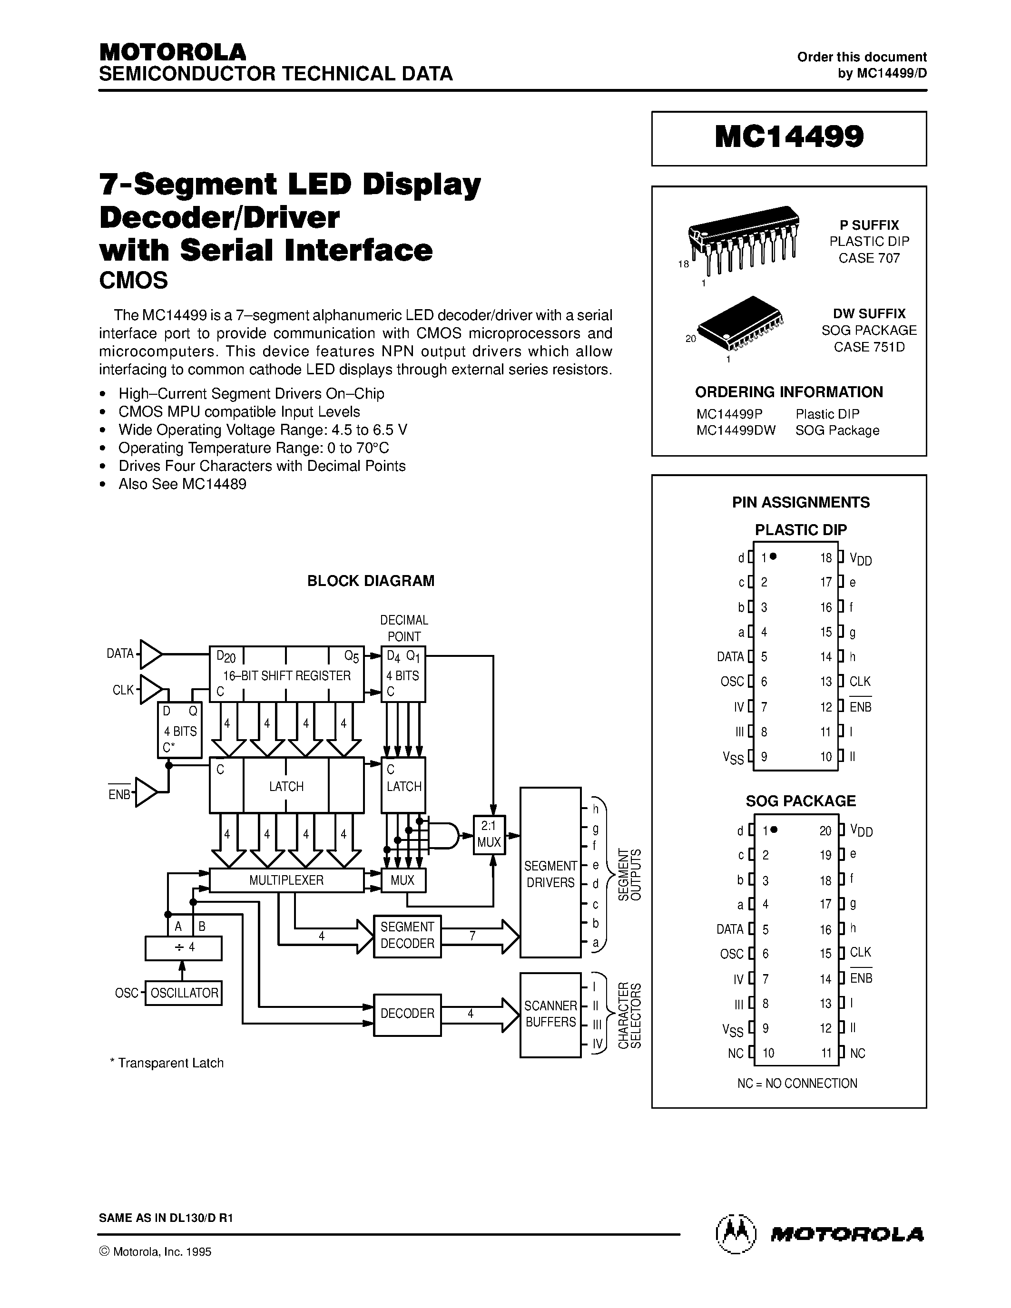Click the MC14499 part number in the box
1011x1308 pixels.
(789, 137)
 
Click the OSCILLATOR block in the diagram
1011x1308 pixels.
(183, 993)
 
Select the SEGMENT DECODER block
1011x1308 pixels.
(407, 936)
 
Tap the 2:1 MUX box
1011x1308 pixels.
(489, 834)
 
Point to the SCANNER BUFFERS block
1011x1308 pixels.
(550, 1015)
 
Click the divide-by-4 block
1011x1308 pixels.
(183, 947)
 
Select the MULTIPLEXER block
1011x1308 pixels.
(286, 880)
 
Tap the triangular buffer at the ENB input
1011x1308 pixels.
(146, 792)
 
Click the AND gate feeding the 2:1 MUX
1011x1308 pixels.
(444, 834)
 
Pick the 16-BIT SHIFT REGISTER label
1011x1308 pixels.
(286, 675)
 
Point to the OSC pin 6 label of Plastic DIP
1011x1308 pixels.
(732, 682)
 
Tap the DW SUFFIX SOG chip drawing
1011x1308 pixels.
(741, 323)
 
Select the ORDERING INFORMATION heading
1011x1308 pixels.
(789, 392)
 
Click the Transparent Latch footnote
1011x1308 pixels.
(167, 1063)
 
